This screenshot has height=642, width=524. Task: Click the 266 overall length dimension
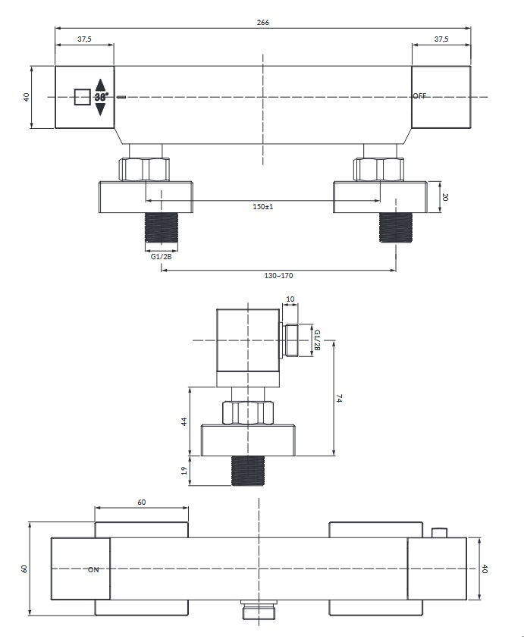[262, 23]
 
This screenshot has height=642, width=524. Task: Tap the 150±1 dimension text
[262, 206]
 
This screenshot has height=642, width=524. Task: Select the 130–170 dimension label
[278, 276]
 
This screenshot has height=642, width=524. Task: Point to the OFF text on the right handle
[419, 96]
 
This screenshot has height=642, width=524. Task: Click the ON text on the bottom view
[93, 569]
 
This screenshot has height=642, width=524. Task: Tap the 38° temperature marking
[101, 97]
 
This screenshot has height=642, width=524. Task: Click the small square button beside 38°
[83, 97]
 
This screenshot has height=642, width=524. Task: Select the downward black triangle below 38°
[100, 109]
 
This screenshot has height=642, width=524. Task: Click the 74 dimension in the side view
[339, 399]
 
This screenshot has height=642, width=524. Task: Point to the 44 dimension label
[184, 421]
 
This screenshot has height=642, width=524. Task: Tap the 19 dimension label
[184, 471]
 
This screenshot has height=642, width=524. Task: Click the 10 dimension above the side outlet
[290, 299]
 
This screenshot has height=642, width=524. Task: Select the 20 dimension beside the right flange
[445, 197]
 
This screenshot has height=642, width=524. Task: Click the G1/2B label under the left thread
[161, 257]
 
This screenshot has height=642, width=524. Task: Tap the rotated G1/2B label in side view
[316, 340]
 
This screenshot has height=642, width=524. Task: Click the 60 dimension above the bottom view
[141, 502]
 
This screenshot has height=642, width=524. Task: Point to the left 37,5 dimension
[84, 39]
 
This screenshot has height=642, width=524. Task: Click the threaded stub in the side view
[248, 471]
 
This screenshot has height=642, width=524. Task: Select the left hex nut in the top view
[144, 170]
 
